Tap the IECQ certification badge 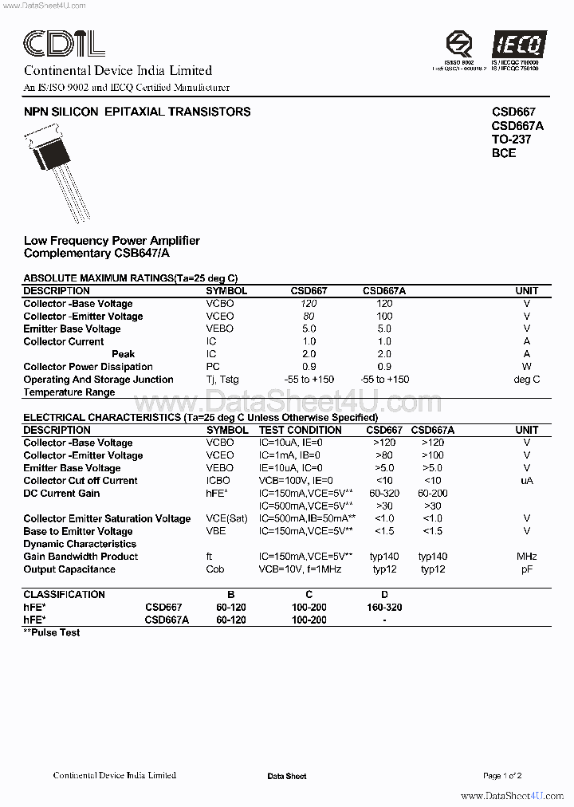[x=516, y=45]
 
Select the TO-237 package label [x=511, y=140]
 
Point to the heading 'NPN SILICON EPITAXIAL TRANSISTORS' [x=137, y=112]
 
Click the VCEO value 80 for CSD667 [x=309, y=317]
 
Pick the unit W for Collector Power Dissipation [x=526, y=367]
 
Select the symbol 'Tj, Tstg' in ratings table [x=222, y=380]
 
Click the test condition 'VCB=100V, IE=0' [x=296, y=481]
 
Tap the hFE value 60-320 [x=385, y=494]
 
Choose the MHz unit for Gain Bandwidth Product [x=526, y=557]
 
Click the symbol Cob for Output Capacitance [x=215, y=569]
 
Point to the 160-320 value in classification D [x=384, y=607]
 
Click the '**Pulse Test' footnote [x=52, y=632]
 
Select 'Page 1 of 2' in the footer [x=502, y=776]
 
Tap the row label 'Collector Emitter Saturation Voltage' [x=107, y=519]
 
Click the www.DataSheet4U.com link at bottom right [x=513, y=796]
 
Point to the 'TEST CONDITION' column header [x=301, y=430]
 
